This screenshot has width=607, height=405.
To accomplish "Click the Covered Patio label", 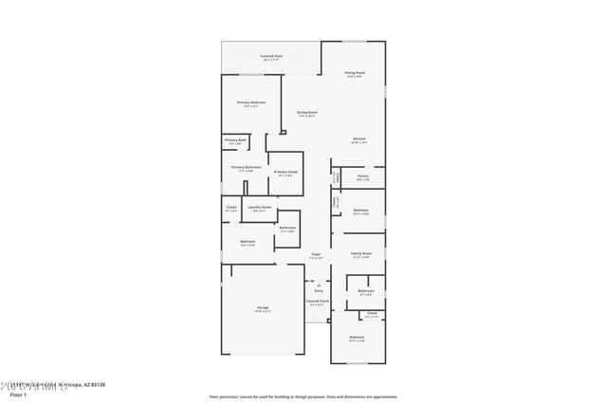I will [x=272, y=56].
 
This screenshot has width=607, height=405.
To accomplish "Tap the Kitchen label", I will [x=359, y=139].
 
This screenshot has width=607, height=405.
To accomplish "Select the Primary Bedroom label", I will [x=251, y=102].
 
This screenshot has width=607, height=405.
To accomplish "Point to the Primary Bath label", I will [x=236, y=140].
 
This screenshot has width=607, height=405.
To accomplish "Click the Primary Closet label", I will [x=285, y=172].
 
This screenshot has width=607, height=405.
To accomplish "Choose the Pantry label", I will [x=362, y=175].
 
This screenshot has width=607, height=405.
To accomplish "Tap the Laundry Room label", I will [x=260, y=207].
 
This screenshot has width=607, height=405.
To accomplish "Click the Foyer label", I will [x=316, y=255].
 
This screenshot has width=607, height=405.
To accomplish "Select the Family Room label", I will [x=360, y=253].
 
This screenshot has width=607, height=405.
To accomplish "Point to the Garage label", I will [x=263, y=308].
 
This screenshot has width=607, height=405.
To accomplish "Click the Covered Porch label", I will [x=318, y=301].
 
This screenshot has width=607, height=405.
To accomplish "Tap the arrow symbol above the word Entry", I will [x=319, y=284].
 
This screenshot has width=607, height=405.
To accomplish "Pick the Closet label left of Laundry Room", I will [x=231, y=207].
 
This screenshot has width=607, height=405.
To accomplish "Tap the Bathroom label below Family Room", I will [x=365, y=291].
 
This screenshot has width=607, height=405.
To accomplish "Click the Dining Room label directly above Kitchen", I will [x=355, y=72].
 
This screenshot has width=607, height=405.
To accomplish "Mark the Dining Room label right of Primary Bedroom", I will [x=306, y=112].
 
